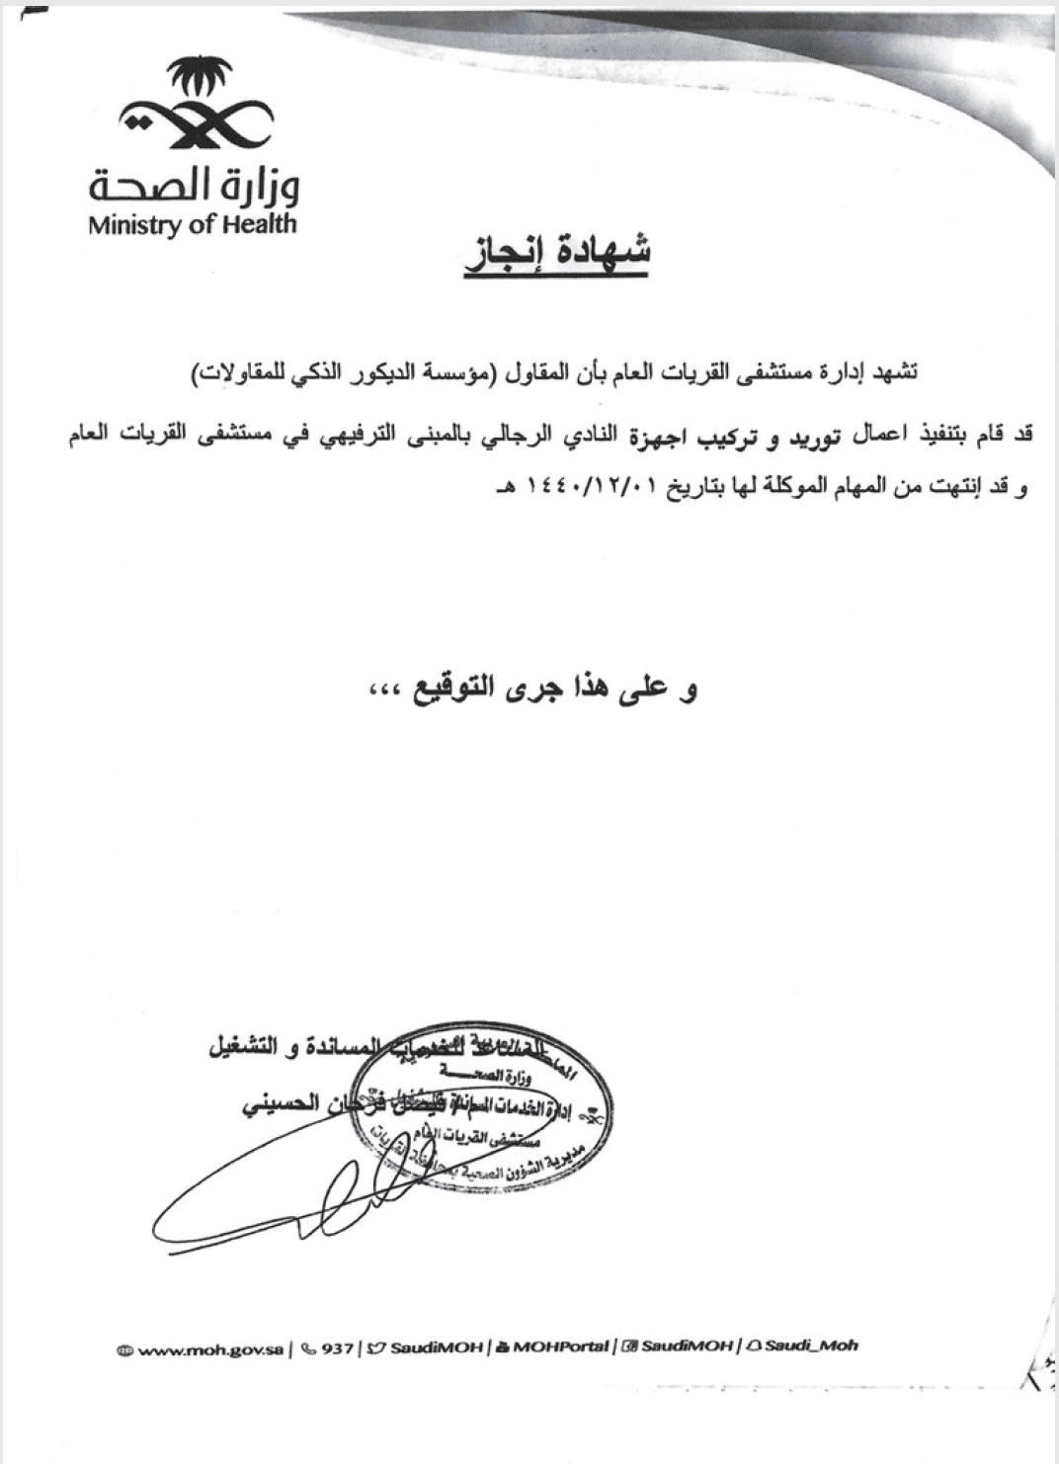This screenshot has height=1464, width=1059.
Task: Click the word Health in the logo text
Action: [258, 224]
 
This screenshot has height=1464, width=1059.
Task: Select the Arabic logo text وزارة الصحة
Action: [194, 183]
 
